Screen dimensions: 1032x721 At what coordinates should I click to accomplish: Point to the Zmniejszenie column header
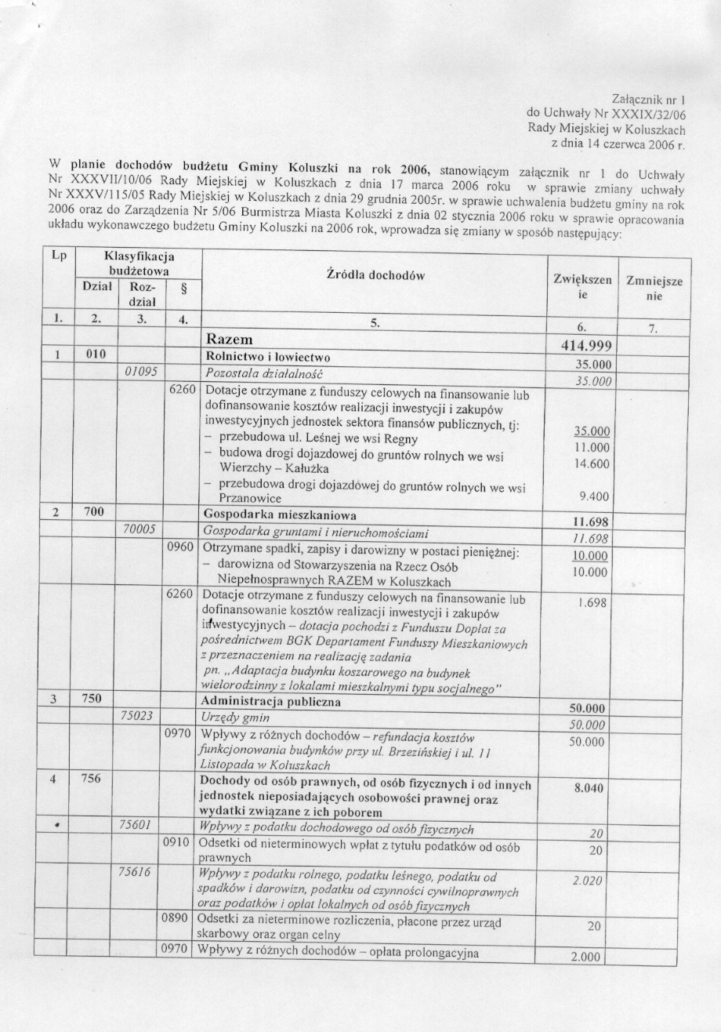tap(654, 289)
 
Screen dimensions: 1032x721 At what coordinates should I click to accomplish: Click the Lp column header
tap(57, 256)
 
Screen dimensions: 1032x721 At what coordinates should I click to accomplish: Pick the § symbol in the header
tap(183, 287)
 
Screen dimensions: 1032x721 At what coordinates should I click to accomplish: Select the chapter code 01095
tap(139, 372)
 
